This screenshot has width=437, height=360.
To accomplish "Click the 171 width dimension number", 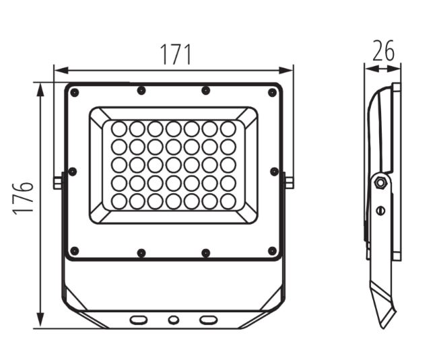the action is pyautogui.click(x=176, y=55).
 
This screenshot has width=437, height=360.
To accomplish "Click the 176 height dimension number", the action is pyautogui.click(x=23, y=199).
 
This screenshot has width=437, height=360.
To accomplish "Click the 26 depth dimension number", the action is pyautogui.click(x=383, y=50).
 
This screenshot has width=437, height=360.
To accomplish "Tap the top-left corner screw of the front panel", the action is pyautogui.click(x=75, y=92).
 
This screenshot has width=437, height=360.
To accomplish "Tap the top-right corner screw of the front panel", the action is pyautogui.click(x=272, y=92).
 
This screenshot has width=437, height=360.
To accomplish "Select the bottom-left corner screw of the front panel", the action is pyautogui.click(x=75, y=251).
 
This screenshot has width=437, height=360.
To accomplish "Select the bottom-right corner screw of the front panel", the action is pyautogui.click(x=272, y=251).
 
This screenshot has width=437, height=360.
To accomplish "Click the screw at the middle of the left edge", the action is pyautogui.click(x=73, y=172).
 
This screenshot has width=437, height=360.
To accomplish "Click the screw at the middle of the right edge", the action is pyautogui.click(x=274, y=172).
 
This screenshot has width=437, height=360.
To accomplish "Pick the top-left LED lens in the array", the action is pyautogui.click(x=119, y=129).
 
